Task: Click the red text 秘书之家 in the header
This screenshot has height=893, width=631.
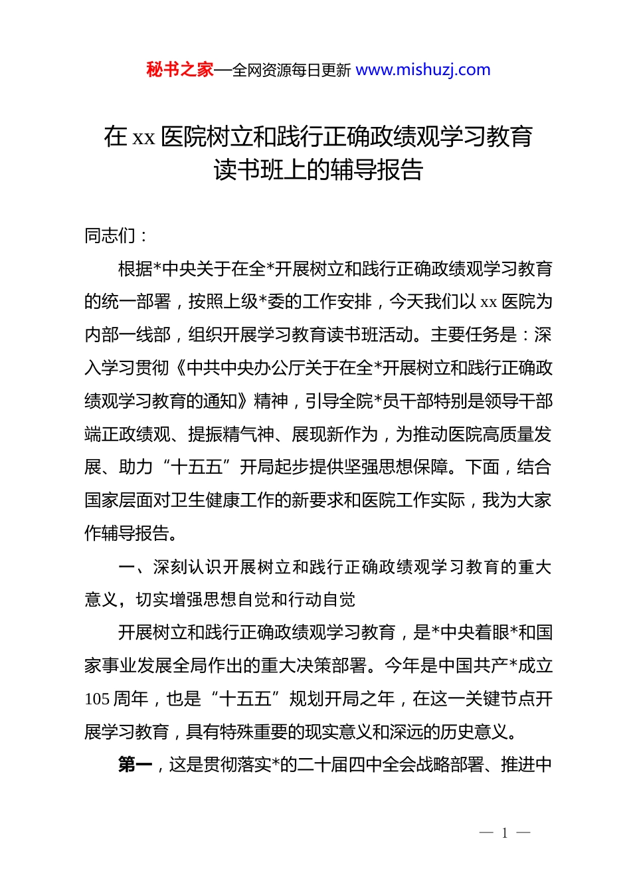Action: pyautogui.click(x=180, y=70)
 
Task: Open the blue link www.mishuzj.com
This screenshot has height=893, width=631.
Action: pyautogui.click(x=423, y=70)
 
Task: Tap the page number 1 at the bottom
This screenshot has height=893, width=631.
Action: pyautogui.click(x=505, y=833)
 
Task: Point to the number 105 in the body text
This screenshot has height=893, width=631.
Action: pyautogui.click(x=97, y=699)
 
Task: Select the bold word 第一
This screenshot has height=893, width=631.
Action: pyautogui.click(x=135, y=765)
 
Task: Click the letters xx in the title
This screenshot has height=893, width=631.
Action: pyautogui.click(x=143, y=138)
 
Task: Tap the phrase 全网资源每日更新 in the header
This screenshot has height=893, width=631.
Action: pyautogui.click(x=291, y=70)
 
